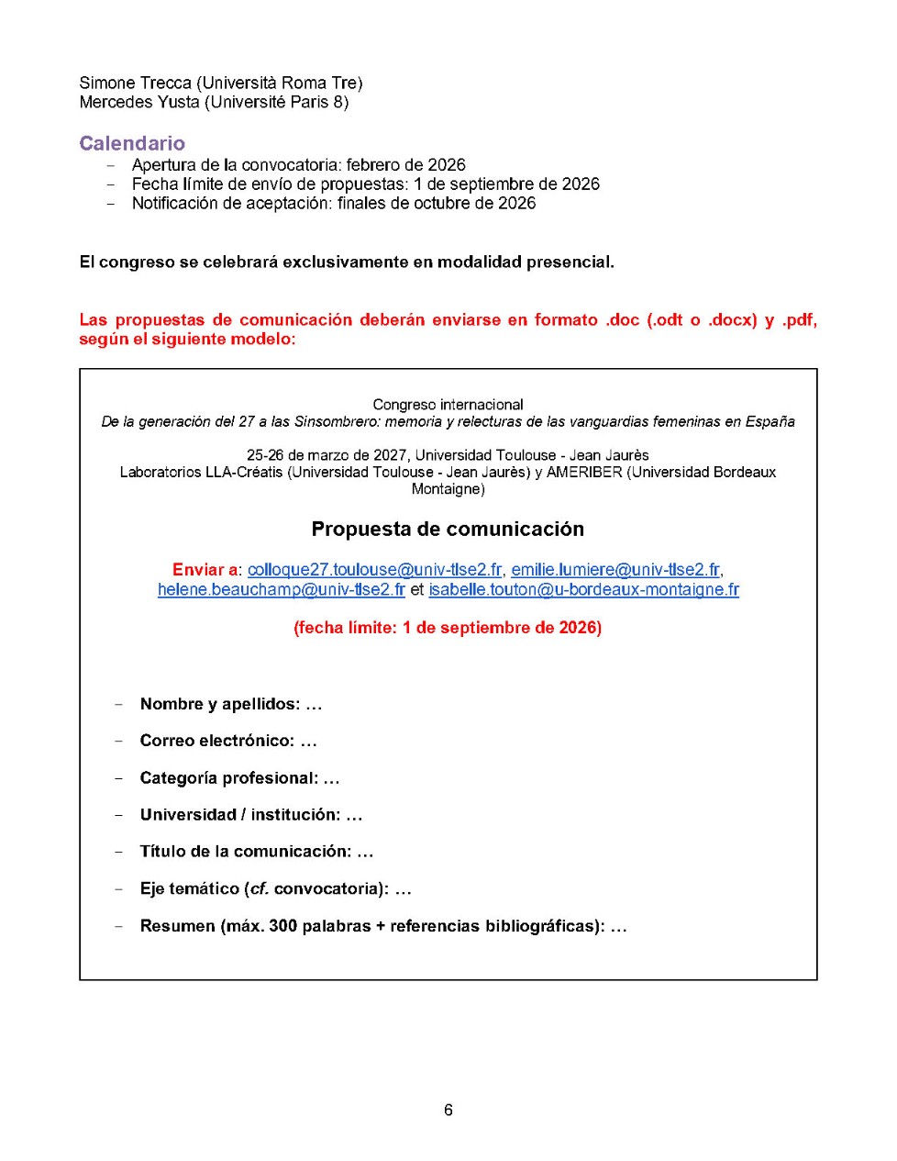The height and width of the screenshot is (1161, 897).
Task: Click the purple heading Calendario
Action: pyautogui.click(x=132, y=143)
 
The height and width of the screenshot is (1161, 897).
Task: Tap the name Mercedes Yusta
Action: pyautogui.click(x=139, y=102)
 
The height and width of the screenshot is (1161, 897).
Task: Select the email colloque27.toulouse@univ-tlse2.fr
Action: pyautogui.click(x=374, y=570)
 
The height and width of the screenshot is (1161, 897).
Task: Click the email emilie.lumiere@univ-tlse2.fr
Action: pyautogui.click(x=615, y=570)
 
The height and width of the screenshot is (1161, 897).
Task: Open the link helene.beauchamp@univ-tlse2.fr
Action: pyautogui.click(x=281, y=589)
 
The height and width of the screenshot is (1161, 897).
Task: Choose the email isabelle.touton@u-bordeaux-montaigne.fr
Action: pyautogui.click(x=583, y=589)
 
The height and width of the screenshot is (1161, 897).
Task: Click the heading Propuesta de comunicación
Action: pyautogui.click(x=448, y=529)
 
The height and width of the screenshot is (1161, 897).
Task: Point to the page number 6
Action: pyautogui.click(x=448, y=1110)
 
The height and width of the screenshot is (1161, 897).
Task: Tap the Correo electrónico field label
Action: pyautogui.click(x=217, y=741)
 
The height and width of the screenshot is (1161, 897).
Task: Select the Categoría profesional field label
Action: pyautogui.click(x=229, y=778)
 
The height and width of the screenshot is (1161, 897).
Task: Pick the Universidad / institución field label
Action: pyautogui.click(x=240, y=815)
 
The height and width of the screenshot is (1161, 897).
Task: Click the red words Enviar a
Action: pyautogui.click(x=205, y=570)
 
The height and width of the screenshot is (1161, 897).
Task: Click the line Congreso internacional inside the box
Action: pyautogui.click(x=448, y=405)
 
